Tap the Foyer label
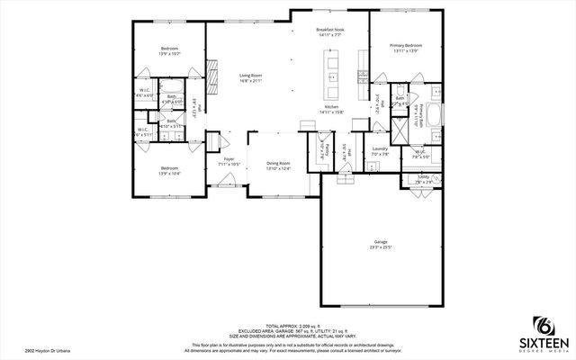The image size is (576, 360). click(x=229, y=161)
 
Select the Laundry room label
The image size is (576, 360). click(x=379, y=151)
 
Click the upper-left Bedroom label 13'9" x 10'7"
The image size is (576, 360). click(x=170, y=50)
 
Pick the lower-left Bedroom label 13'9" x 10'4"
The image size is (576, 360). click(x=170, y=170)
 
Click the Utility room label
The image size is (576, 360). click(x=423, y=179)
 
